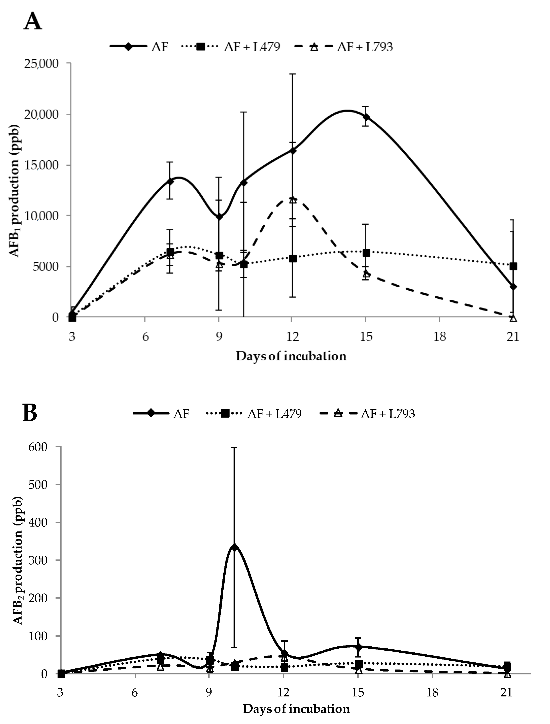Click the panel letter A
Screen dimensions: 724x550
[x=33, y=22]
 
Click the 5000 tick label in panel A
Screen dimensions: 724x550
[x=46, y=266]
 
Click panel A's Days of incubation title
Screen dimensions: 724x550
[x=291, y=356]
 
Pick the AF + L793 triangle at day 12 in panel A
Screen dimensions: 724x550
[x=293, y=200]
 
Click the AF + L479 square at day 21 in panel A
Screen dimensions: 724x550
[x=513, y=266]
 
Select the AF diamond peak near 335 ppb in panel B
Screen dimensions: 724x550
[x=234, y=547]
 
